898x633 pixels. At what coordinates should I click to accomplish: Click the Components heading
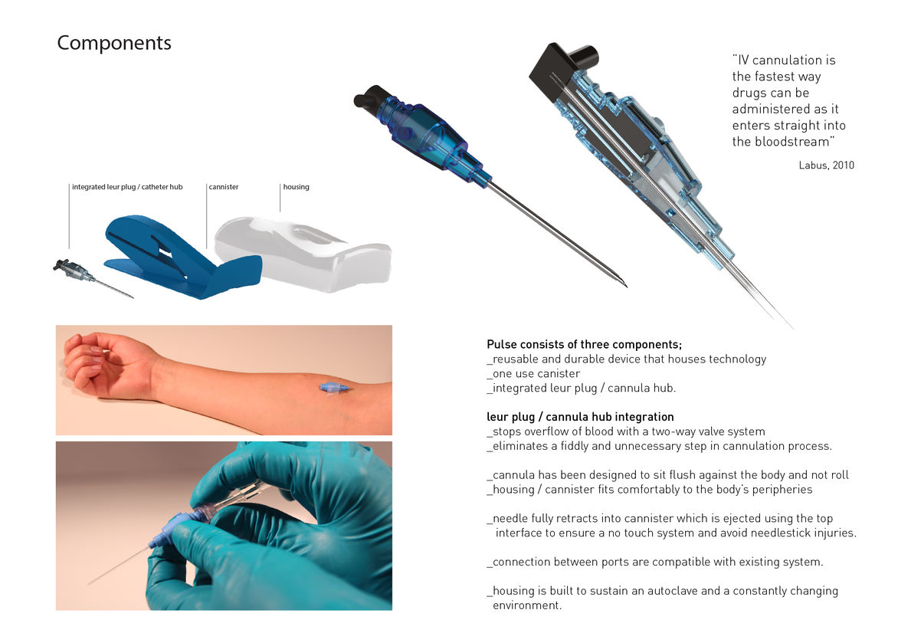coord(114,43)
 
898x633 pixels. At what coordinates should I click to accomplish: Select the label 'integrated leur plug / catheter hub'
coord(127,187)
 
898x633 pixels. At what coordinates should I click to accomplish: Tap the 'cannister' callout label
coord(224,187)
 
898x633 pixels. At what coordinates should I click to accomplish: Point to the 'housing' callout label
coord(296,187)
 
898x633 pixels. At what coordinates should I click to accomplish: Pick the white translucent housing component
coord(303,252)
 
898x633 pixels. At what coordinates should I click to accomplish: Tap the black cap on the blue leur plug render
coord(372,97)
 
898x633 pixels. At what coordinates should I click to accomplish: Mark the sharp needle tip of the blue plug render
coord(626,285)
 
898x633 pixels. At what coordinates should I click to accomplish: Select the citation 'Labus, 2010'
coord(827,165)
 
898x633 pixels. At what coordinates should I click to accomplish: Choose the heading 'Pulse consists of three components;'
coord(584,344)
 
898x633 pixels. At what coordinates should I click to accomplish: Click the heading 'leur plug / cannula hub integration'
coord(580,417)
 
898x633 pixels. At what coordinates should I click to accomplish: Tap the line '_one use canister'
coord(533,373)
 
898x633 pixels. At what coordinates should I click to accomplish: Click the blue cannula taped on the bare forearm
coord(334,388)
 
